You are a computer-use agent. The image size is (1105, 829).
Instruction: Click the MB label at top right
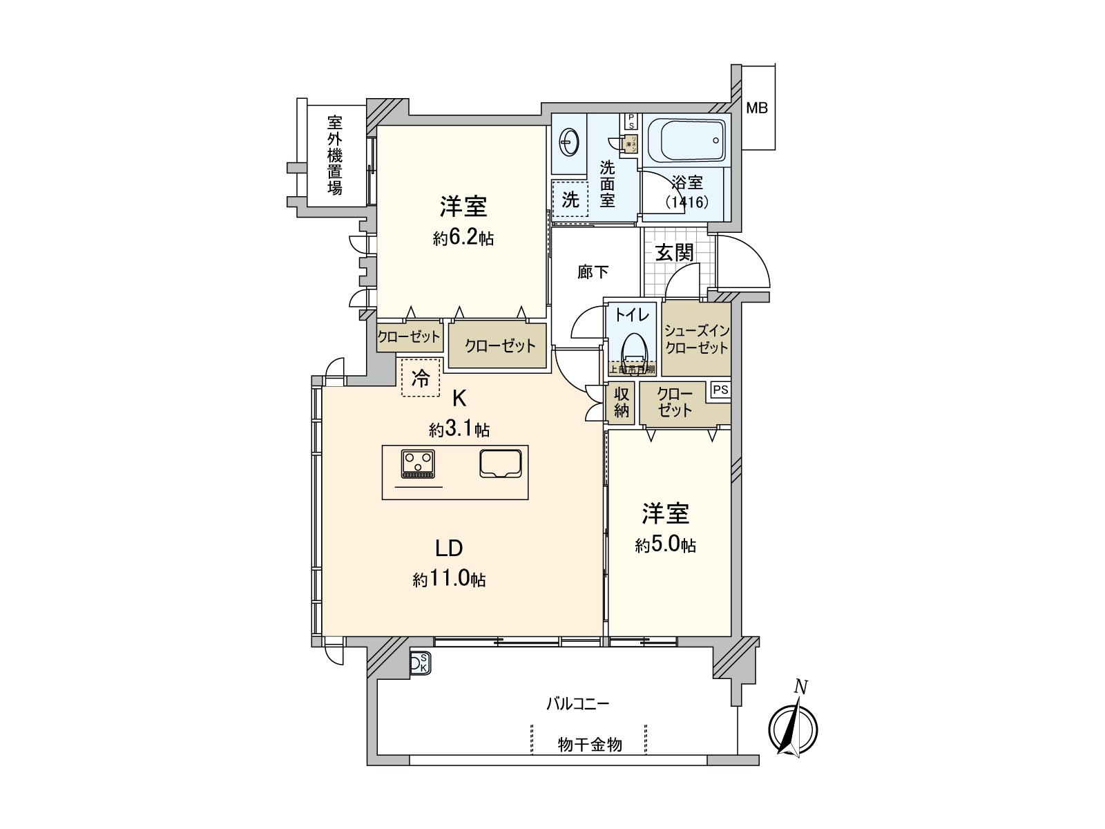(x=757, y=108)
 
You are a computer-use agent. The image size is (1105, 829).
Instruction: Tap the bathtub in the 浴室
(x=686, y=140)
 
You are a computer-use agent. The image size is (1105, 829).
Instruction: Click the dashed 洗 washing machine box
(x=570, y=200)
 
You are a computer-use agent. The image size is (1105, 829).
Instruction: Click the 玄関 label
(x=674, y=253)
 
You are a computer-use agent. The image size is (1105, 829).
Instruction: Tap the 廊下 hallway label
(x=593, y=273)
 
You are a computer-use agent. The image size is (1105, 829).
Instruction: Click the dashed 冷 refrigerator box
(x=421, y=378)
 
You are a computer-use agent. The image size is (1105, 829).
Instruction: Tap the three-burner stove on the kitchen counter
(x=418, y=463)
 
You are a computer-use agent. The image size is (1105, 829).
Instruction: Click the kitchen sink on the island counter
(x=501, y=463)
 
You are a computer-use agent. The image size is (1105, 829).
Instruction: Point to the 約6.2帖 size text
(x=463, y=239)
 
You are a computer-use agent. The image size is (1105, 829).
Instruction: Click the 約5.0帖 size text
(x=665, y=546)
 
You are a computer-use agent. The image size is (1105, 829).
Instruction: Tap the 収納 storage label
(x=622, y=402)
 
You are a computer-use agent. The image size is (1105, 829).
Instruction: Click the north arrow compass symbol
(x=794, y=727)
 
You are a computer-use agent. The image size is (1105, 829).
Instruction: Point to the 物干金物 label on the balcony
(x=590, y=745)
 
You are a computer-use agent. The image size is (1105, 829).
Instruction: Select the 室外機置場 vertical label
(x=335, y=155)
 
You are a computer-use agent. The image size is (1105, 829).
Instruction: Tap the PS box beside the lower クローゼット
(x=720, y=390)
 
